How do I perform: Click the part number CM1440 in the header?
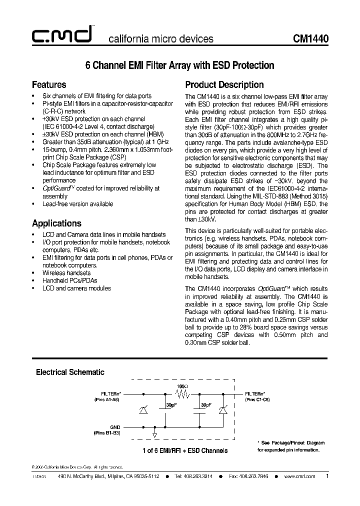click(310, 38)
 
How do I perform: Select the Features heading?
click(49, 84)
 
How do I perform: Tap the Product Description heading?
click(224, 84)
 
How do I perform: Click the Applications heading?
click(56, 223)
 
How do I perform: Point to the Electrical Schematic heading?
click(70, 372)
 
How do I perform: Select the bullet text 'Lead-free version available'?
click(77, 204)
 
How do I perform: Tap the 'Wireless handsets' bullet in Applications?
click(66, 273)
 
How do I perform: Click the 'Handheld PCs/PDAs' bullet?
click(69, 280)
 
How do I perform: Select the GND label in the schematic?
click(115, 427)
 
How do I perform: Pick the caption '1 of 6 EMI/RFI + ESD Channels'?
click(184, 450)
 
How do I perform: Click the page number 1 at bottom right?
click(327, 476)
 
